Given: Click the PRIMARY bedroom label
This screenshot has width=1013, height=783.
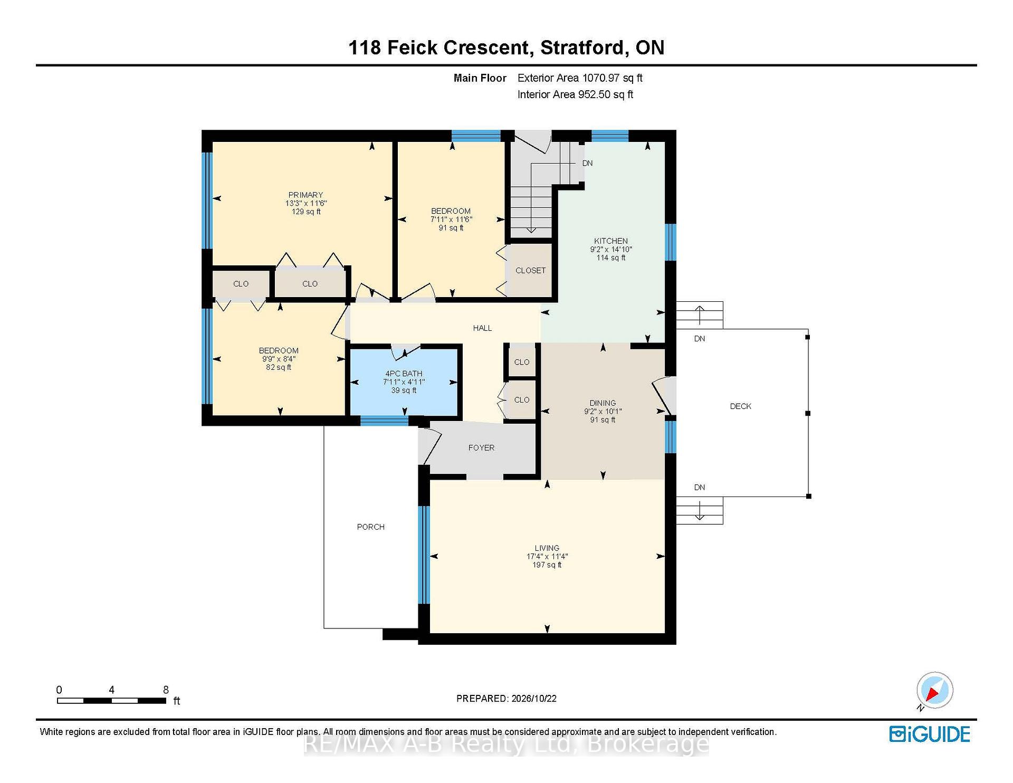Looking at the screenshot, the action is tap(305, 195).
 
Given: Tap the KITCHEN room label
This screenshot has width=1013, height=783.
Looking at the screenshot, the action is tap(611, 241).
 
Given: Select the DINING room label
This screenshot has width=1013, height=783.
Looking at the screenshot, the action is tap(603, 403).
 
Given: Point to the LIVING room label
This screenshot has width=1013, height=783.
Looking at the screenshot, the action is tap(547, 548).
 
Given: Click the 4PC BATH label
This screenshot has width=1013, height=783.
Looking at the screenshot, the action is tap(404, 374).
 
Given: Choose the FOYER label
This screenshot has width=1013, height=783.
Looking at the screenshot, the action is tap(481, 447).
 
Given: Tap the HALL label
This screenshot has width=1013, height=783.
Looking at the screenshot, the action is tap(482, 328).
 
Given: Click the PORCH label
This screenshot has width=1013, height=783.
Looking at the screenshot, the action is tap(370, 527).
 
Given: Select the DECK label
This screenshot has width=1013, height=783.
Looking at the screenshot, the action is tap(740, 406).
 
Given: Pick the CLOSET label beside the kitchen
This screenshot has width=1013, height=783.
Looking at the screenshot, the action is tap(530, 270).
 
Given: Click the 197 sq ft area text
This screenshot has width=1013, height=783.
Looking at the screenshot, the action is tap(547, 565).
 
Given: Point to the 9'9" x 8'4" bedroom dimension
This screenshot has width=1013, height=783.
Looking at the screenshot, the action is tap(279, 359).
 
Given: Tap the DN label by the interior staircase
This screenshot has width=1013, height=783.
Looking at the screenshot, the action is tap(587, 163).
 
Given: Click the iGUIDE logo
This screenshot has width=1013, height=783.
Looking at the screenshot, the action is tap(930, 734).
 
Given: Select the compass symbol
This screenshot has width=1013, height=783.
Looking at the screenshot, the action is tap(934, 691).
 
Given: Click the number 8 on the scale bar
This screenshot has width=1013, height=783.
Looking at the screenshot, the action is tap(166, 690).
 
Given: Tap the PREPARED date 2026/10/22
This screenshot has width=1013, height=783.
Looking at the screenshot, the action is tap(534, 699).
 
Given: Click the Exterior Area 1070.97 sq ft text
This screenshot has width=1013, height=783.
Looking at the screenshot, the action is tap(580, 78).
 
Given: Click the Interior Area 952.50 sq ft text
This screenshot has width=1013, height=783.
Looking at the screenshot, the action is tap(575, 94).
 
